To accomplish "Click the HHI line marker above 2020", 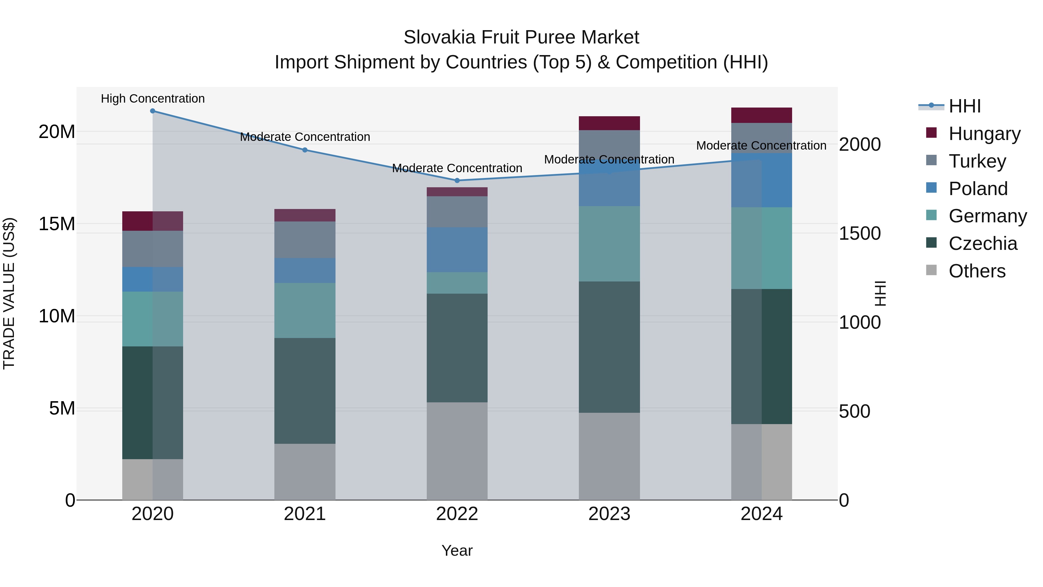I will click(153, 111).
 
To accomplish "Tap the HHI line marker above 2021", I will click(305, 150).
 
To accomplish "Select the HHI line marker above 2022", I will click(457, 180).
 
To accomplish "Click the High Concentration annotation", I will click(153, 99).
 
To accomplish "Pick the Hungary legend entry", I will click(984, 133).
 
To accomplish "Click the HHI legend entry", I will click(965, 106).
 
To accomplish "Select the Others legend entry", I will click(977, 271).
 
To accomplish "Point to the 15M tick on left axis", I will click(57, 223).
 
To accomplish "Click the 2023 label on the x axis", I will click(609, 514).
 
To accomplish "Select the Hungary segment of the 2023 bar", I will click(609, 123).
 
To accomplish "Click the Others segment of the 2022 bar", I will click(457, 451).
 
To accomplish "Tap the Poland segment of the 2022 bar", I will click(457, 250).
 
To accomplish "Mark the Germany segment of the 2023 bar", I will click(609, 243).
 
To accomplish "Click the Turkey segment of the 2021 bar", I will click(305, 239).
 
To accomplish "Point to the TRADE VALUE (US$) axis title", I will click(9, 293).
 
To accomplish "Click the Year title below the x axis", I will click(457, 550).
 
